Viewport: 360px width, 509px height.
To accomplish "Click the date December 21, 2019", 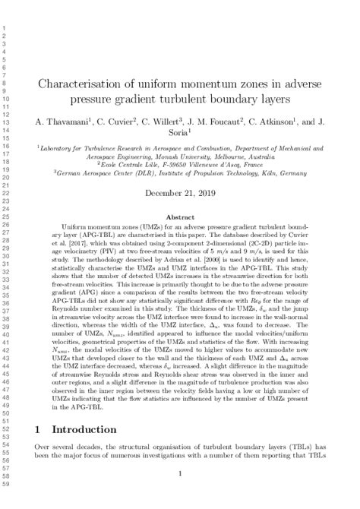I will [x=180, y=193].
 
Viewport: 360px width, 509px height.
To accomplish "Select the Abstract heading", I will [x=180, y=217].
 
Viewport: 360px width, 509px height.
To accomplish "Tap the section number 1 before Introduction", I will [x=37, y=429].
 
